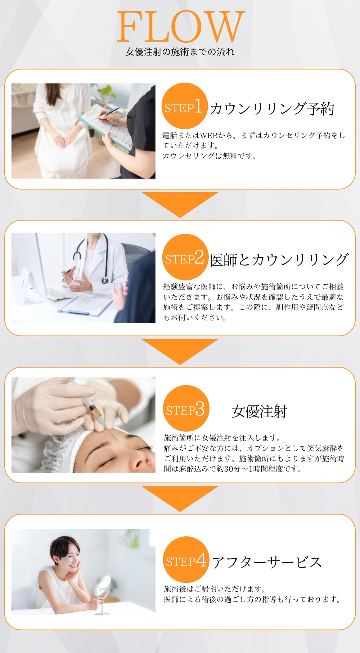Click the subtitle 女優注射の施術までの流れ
click(x=180, y=52)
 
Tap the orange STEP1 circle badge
click(x=184, y=106)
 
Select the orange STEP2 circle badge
click(x=185, y=257)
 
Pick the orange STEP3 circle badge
click(x=186, y=408)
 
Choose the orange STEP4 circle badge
click(x=186, y=559)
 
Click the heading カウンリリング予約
click(x=272, y=108)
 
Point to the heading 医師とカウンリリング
click(x=279, y=260)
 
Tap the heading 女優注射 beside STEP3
click(x=259, y=411)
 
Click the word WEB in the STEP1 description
click(x=208, y=135)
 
